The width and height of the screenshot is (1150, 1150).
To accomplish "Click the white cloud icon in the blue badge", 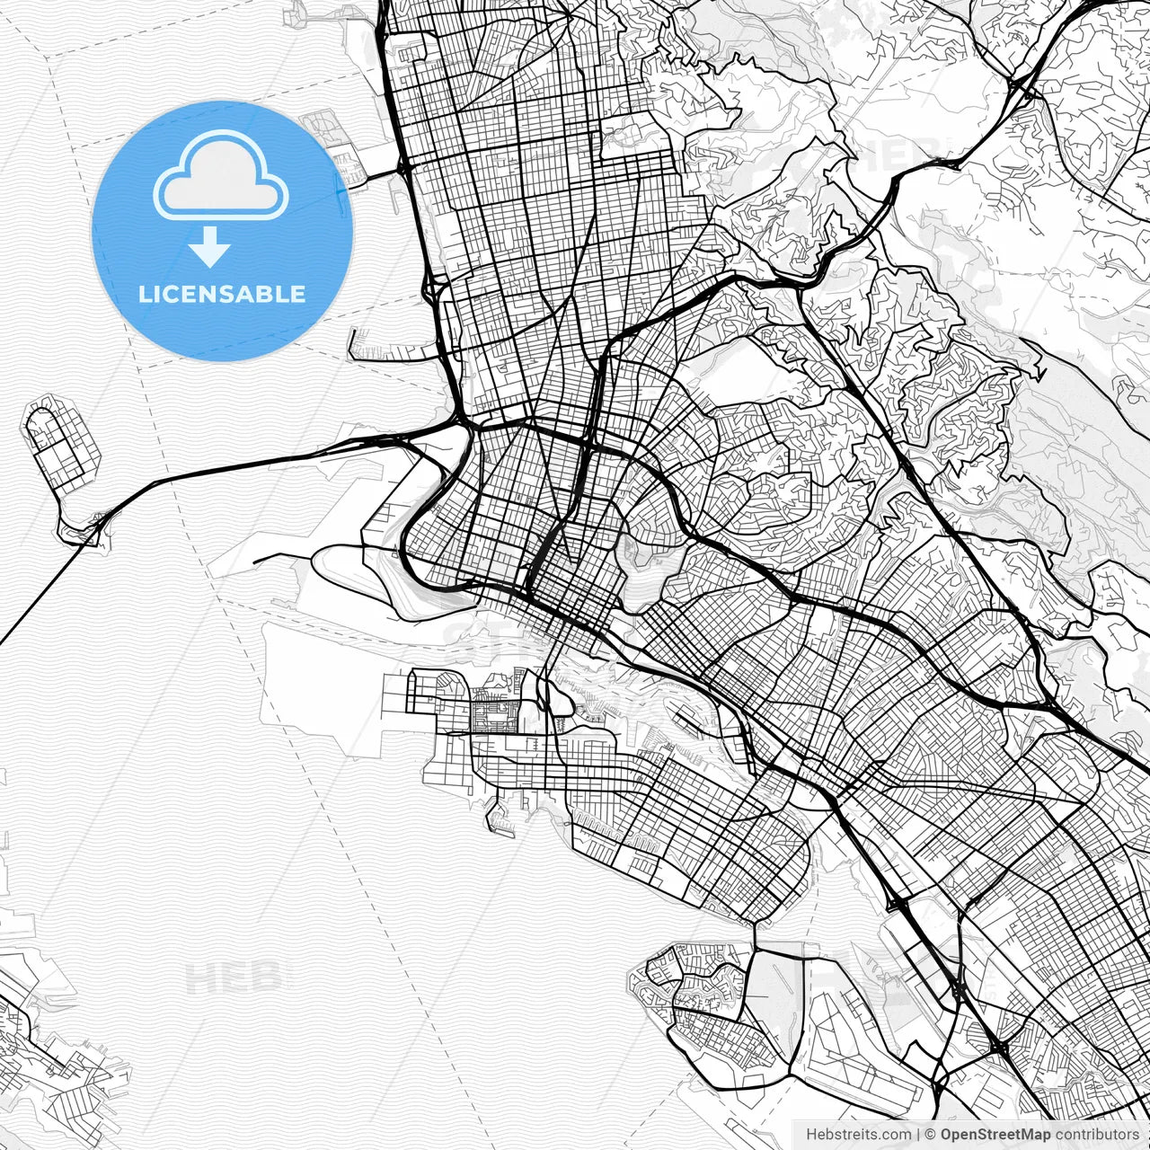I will pyautogui.click(x=221, y=176).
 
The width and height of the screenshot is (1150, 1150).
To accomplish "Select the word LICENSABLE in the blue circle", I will pyautogui.click(x=222, y=294).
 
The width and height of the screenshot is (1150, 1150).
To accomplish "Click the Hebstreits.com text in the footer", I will pyautogui.click(x=858, y=1135).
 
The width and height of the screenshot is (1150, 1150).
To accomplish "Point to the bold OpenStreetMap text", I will pyautogui.click(x=995, y=1135).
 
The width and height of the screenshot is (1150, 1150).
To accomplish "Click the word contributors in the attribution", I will pyautogui.click(x=1097, y=1135).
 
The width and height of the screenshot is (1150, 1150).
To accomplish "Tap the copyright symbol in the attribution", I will pyautogui.click(x=931, y=1135).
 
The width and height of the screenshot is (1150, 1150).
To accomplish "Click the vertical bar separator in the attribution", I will pyautogui.click(x=919, y=1135).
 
